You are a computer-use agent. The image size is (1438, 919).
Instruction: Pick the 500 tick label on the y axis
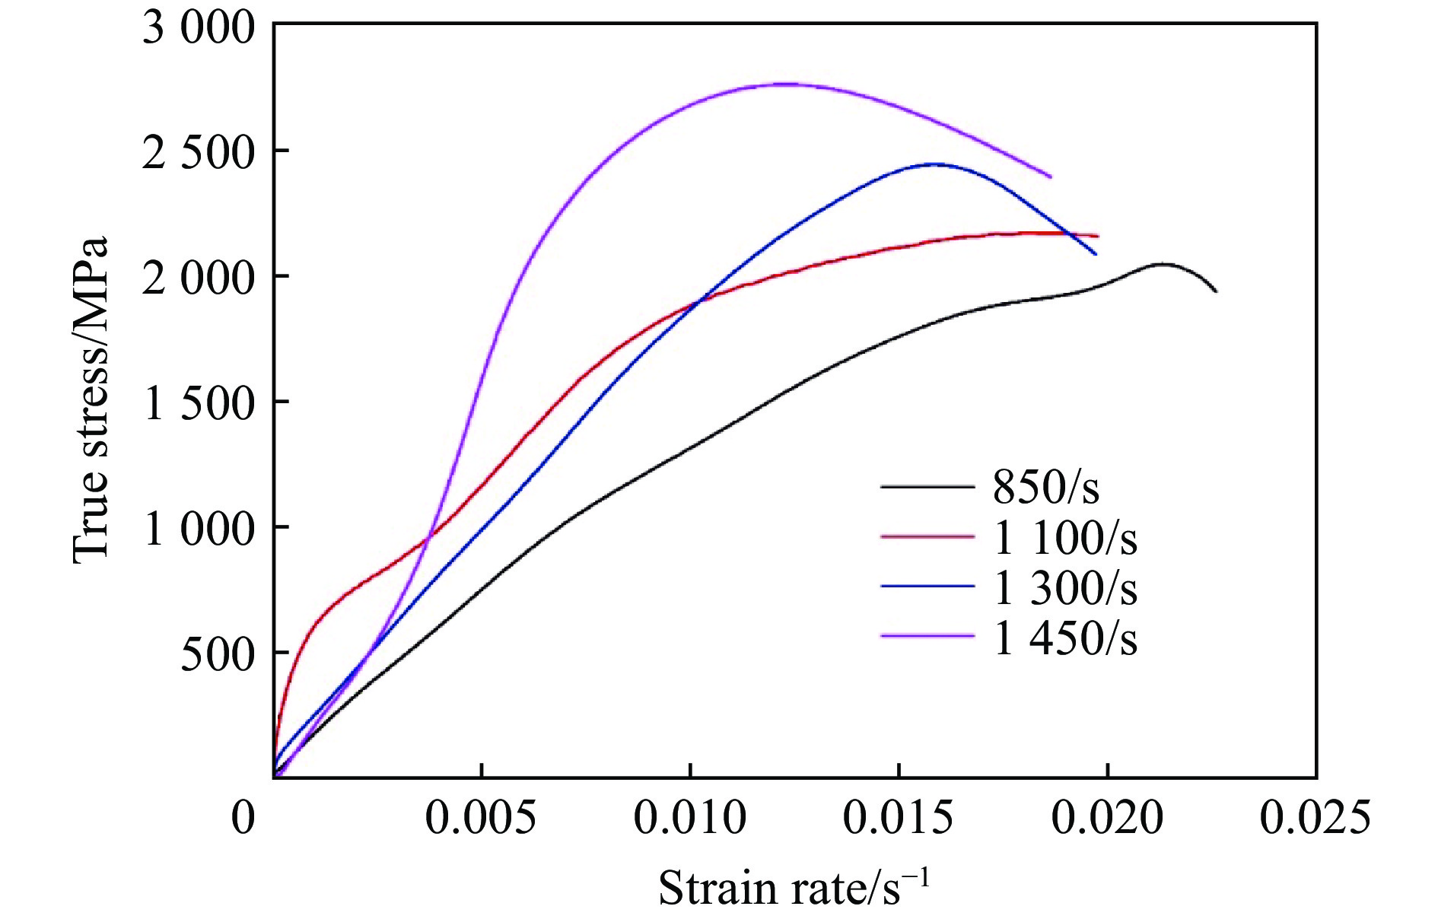(x=216, y=654)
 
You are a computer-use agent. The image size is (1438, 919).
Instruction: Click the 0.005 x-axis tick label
(x=480, y=819)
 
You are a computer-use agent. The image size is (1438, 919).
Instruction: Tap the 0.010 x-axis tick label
(x=689, y=819)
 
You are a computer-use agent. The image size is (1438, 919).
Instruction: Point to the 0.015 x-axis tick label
(x=899, y=819)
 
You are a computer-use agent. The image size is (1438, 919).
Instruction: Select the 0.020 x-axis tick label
(x=1108, y=819)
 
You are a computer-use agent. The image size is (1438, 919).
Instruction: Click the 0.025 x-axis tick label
(x=1316, y=819)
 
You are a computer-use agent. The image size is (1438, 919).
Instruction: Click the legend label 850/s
(x=1046, y=487)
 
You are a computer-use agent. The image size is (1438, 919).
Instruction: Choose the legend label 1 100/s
(x=1065, y=537)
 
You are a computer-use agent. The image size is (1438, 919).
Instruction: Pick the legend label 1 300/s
(x=1065, y=588)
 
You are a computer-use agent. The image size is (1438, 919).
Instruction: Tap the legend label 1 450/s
(x=1065, y=638)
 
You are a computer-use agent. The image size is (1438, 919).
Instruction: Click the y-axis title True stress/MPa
(x=91, y=400)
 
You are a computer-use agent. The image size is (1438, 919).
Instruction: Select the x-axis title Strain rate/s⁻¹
(x=794, y=886)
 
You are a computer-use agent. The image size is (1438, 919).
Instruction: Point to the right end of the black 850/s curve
(x=1216, y=291)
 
